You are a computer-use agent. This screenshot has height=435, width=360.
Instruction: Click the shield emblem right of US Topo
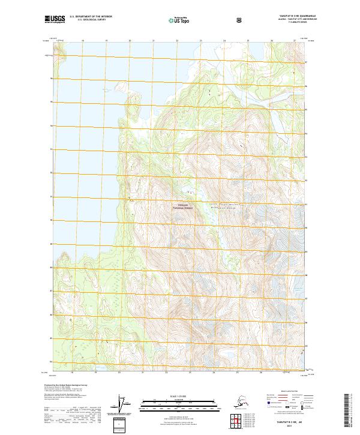[x=239, y=20]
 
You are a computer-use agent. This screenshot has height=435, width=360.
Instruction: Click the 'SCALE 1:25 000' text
[x=179, y=396]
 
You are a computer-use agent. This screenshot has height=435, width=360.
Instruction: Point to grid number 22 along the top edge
[x=177, y=41]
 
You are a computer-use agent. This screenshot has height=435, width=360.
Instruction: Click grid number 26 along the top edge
[x=271, y=41]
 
